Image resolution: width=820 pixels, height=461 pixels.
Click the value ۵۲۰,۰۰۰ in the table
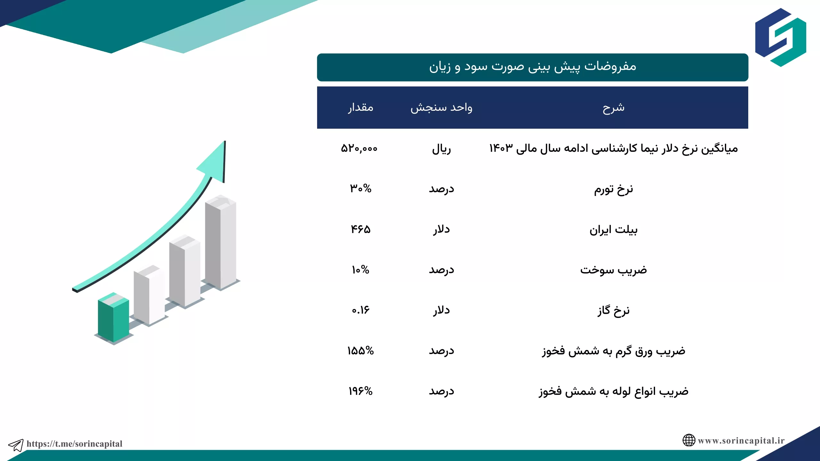(x=359, y=149)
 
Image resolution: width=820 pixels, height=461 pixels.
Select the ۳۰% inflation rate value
(x=361, y=189)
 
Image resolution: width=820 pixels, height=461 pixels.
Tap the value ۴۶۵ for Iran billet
(x=361, y=229)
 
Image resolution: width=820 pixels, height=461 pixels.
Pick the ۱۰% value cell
(x=361, y=270)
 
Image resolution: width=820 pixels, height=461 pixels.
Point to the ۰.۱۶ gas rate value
(x=361, y=310)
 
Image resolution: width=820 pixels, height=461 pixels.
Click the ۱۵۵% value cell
(x=361, y=351)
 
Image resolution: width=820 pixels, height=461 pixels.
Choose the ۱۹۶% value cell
(x=361, y=391)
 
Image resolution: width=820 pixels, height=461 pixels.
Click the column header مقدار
(x=361, y=108)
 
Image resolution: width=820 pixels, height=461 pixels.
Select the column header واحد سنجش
(x=441, y=108)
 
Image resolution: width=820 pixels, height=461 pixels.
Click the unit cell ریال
(x=441, y=149)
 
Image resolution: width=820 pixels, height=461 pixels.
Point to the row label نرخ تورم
(x=613, y=190)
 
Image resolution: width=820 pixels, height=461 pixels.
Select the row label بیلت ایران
(x=613, y=230)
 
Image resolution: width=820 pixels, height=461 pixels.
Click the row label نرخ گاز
(x=613, y=311)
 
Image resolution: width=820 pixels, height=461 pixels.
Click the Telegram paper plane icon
(x=16, y=445)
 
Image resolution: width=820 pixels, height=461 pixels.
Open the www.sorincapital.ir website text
(x=741, y=441)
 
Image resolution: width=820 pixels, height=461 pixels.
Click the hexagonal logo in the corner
(x=781, y=37)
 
